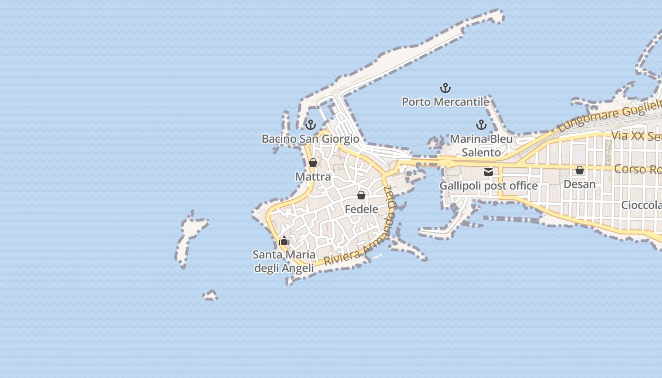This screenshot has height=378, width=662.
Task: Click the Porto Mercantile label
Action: pyautogui.click(x=445, y=102)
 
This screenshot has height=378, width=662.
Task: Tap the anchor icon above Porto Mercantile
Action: pyautogui.click(x=445, y=88)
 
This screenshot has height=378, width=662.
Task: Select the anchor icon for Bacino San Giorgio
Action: pyautogui.click(x=311, y=125)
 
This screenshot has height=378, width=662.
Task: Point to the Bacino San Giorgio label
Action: pyautogui.click(x=310, y=139)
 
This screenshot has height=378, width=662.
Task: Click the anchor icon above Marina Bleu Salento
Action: pyautogui.click(x=481, y=125)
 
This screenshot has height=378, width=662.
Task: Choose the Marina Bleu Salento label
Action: pyautogui.click(x=481, y=146)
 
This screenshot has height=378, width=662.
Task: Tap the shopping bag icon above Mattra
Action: pyautogui.click(x=313, y=163)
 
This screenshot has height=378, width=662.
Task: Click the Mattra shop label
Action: pyautogui.click(x=313, y=177)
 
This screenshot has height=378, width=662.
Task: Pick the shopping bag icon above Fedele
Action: pyautogui.click(x=361, y=195)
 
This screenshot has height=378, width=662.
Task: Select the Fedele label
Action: pyautogui.click(x=361, y=209)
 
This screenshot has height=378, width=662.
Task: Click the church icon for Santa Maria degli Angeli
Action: pyautogui.click(x=284, y=241)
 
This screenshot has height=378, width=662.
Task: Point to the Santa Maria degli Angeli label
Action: pyautogui.click(x=284, y=261)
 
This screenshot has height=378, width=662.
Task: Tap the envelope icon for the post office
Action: pyautogui.click(x=488, y=172)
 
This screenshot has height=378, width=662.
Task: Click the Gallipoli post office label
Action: pyautogui.click(x=488, y=186)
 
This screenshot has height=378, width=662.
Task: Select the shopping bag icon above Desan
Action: pyautogui.click(x=579, y=170)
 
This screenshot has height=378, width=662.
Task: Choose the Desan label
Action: pyautogui.click(x=579, y=184)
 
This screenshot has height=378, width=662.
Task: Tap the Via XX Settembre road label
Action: pyautogui.click(x=636, y=136)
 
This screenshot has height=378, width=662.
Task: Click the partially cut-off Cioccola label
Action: pyautogui.click(x=641, y=205)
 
